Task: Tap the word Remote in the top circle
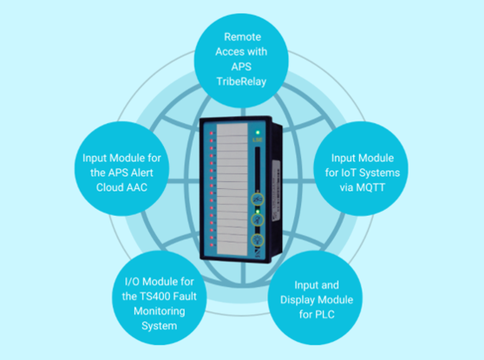coord(242,36)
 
